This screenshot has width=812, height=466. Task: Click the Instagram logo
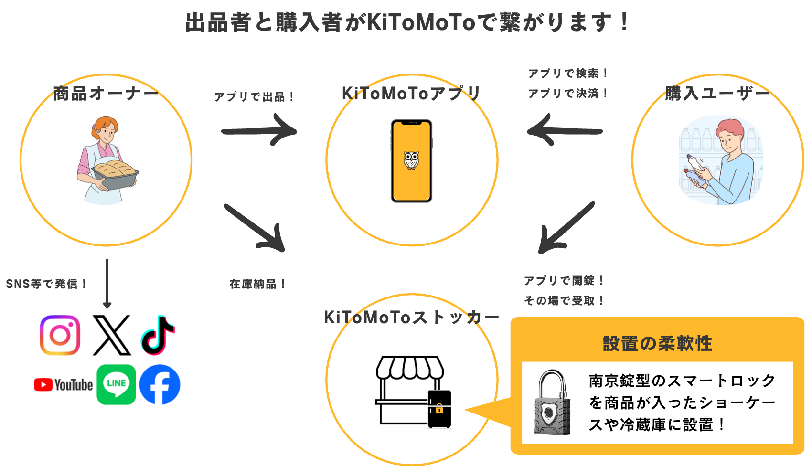tap(60, 335)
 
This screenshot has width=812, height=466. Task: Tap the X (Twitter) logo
tap(112, 335)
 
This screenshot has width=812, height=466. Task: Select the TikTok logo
tap(158, 335)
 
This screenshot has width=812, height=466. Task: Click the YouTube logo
tap(64, 385)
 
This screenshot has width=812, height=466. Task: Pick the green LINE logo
tap(116, 384)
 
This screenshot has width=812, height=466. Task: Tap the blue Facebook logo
tap(160, 384)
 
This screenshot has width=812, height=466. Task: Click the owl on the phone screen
tap(411, 160)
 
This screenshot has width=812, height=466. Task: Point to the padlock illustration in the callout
tap(552, 403)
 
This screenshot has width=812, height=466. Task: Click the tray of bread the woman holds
tap(115, 171)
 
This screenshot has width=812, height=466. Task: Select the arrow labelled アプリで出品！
tap(259, 130)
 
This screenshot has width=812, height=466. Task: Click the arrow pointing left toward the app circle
tap(565, 130)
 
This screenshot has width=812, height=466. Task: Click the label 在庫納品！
tap(257, 284)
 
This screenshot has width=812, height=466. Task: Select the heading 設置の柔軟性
tap(657, 343)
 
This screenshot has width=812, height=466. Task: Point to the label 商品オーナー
tap(106, 93)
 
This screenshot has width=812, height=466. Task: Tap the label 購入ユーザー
tap(717, 93)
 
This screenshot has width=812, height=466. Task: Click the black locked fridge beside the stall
tap(439, 409)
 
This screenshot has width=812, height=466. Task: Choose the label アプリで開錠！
tap(564, 280)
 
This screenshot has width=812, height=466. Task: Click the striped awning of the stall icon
tap(410, 367)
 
